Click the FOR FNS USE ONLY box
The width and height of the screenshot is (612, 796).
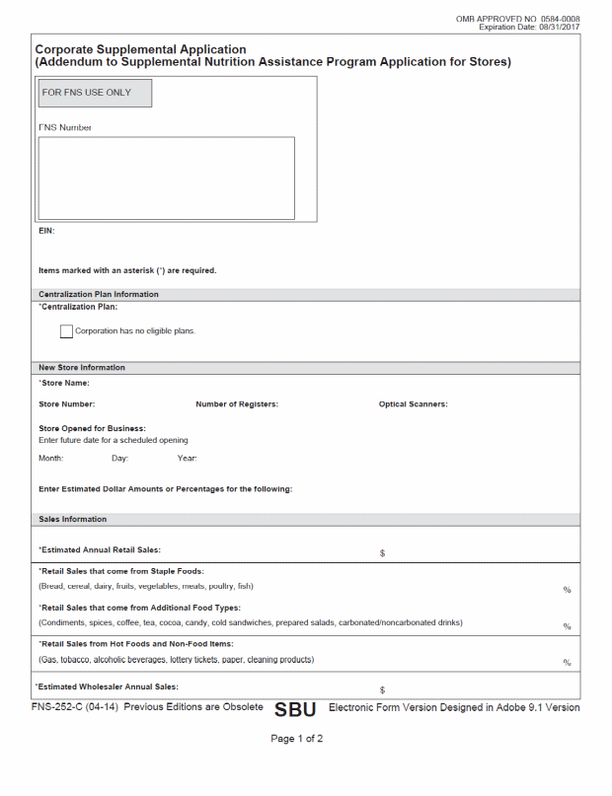coord(95,93)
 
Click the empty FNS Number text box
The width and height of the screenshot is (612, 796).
coord(166,178)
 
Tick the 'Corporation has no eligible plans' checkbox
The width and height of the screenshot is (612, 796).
coord(66,331)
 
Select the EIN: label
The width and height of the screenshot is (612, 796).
coord(46,231)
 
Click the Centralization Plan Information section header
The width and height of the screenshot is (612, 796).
coord(98,294)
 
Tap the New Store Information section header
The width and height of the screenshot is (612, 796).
coord(82,368)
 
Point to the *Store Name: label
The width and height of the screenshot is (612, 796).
coord(64,383)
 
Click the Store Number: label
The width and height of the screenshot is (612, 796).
coord(66,404)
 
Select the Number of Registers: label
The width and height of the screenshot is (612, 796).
coord(237,404)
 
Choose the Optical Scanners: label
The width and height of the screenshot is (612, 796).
coord(413,404)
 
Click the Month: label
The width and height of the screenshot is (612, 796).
coord(51,458)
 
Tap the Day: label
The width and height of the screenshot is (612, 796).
coord(119,458)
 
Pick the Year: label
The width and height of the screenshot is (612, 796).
coord(187,458)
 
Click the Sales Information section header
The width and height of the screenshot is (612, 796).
coord(72,519)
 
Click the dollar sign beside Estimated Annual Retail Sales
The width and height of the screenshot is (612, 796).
coord(382,553)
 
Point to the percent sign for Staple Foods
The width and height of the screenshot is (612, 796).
coord(568,590)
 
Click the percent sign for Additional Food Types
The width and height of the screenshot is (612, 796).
coord(568,626)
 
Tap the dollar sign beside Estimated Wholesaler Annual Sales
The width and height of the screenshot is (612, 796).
coord(382,689)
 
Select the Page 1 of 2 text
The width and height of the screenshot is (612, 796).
coord(297,739)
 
